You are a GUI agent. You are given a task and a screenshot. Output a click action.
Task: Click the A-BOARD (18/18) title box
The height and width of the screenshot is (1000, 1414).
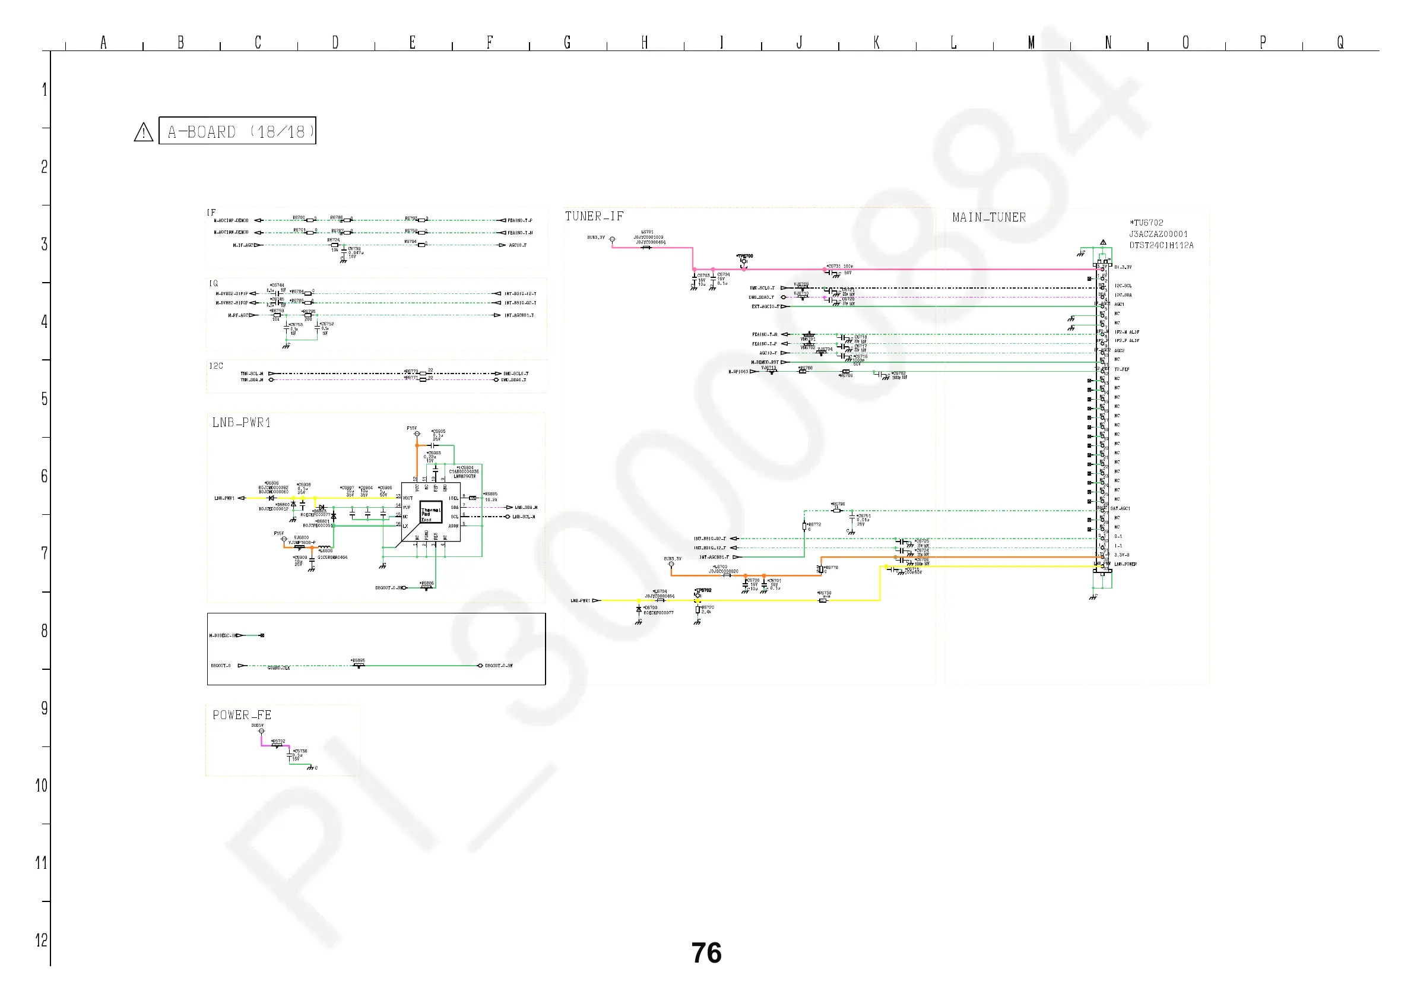237,131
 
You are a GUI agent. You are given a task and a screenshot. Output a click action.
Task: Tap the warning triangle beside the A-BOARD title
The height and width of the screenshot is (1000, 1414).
144,132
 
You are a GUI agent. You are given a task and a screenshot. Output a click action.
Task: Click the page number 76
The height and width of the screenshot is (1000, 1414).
706,953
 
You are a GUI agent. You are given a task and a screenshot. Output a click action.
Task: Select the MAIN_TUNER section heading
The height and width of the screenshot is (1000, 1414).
989,217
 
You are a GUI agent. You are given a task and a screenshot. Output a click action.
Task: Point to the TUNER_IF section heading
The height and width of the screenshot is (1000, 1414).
594,216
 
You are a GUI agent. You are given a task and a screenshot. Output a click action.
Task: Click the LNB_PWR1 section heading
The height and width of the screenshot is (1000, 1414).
242,423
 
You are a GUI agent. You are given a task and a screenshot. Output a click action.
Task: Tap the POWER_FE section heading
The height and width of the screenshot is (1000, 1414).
242,716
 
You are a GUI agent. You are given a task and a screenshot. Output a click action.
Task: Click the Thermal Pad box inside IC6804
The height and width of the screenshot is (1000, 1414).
430,512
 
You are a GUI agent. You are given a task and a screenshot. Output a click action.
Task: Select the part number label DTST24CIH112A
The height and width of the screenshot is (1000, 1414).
1161,245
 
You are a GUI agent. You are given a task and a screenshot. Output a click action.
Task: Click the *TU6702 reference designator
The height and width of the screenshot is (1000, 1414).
1146,223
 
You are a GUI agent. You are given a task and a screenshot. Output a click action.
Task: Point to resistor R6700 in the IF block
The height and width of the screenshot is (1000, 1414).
309,220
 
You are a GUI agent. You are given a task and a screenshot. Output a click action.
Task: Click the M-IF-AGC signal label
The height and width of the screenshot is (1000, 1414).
243,245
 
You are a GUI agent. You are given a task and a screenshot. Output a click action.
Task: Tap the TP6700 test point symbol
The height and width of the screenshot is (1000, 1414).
744,262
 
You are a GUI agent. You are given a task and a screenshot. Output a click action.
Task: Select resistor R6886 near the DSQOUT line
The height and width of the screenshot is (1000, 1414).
426,588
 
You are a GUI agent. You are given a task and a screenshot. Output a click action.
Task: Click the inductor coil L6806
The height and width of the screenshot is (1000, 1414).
325,546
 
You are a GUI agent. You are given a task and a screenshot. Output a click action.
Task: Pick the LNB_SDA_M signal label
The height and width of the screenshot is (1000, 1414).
526,508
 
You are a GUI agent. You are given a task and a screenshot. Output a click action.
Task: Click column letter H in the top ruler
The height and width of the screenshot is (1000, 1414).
644,42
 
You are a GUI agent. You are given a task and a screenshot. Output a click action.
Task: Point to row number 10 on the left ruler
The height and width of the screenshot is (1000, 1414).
42,786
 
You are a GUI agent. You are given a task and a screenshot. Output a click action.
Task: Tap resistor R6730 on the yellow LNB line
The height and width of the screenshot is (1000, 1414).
823,600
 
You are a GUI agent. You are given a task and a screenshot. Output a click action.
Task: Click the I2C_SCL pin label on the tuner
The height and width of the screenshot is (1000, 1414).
1123,286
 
